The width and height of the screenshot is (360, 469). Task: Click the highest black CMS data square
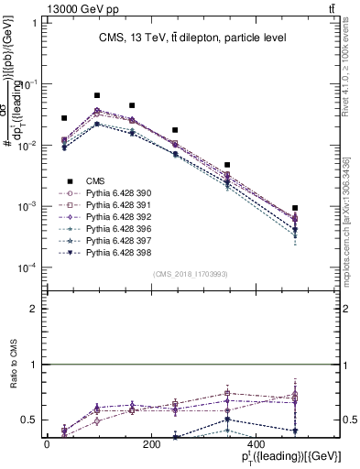coord(97,95)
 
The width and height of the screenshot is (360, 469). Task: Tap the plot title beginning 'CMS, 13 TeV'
coord(192,38)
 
